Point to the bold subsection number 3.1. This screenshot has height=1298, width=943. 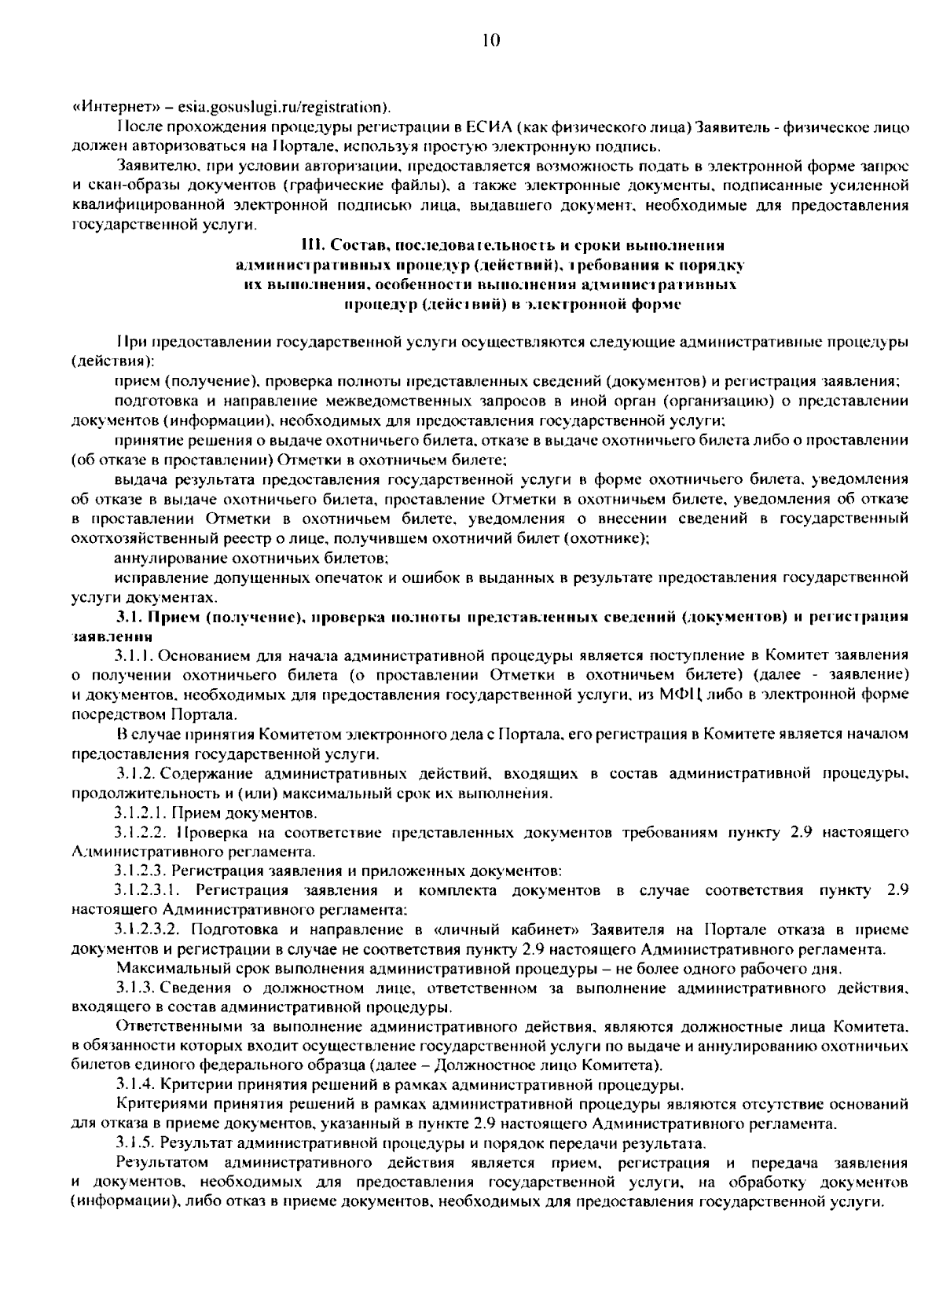coord(127,617)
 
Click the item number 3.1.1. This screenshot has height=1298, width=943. coord(134,654)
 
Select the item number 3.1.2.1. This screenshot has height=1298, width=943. coord(140,812)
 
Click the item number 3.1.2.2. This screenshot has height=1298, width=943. coord(140,831)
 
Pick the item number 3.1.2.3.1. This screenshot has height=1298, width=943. coord(149,890)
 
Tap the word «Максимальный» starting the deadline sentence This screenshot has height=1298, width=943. coord(166,967)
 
